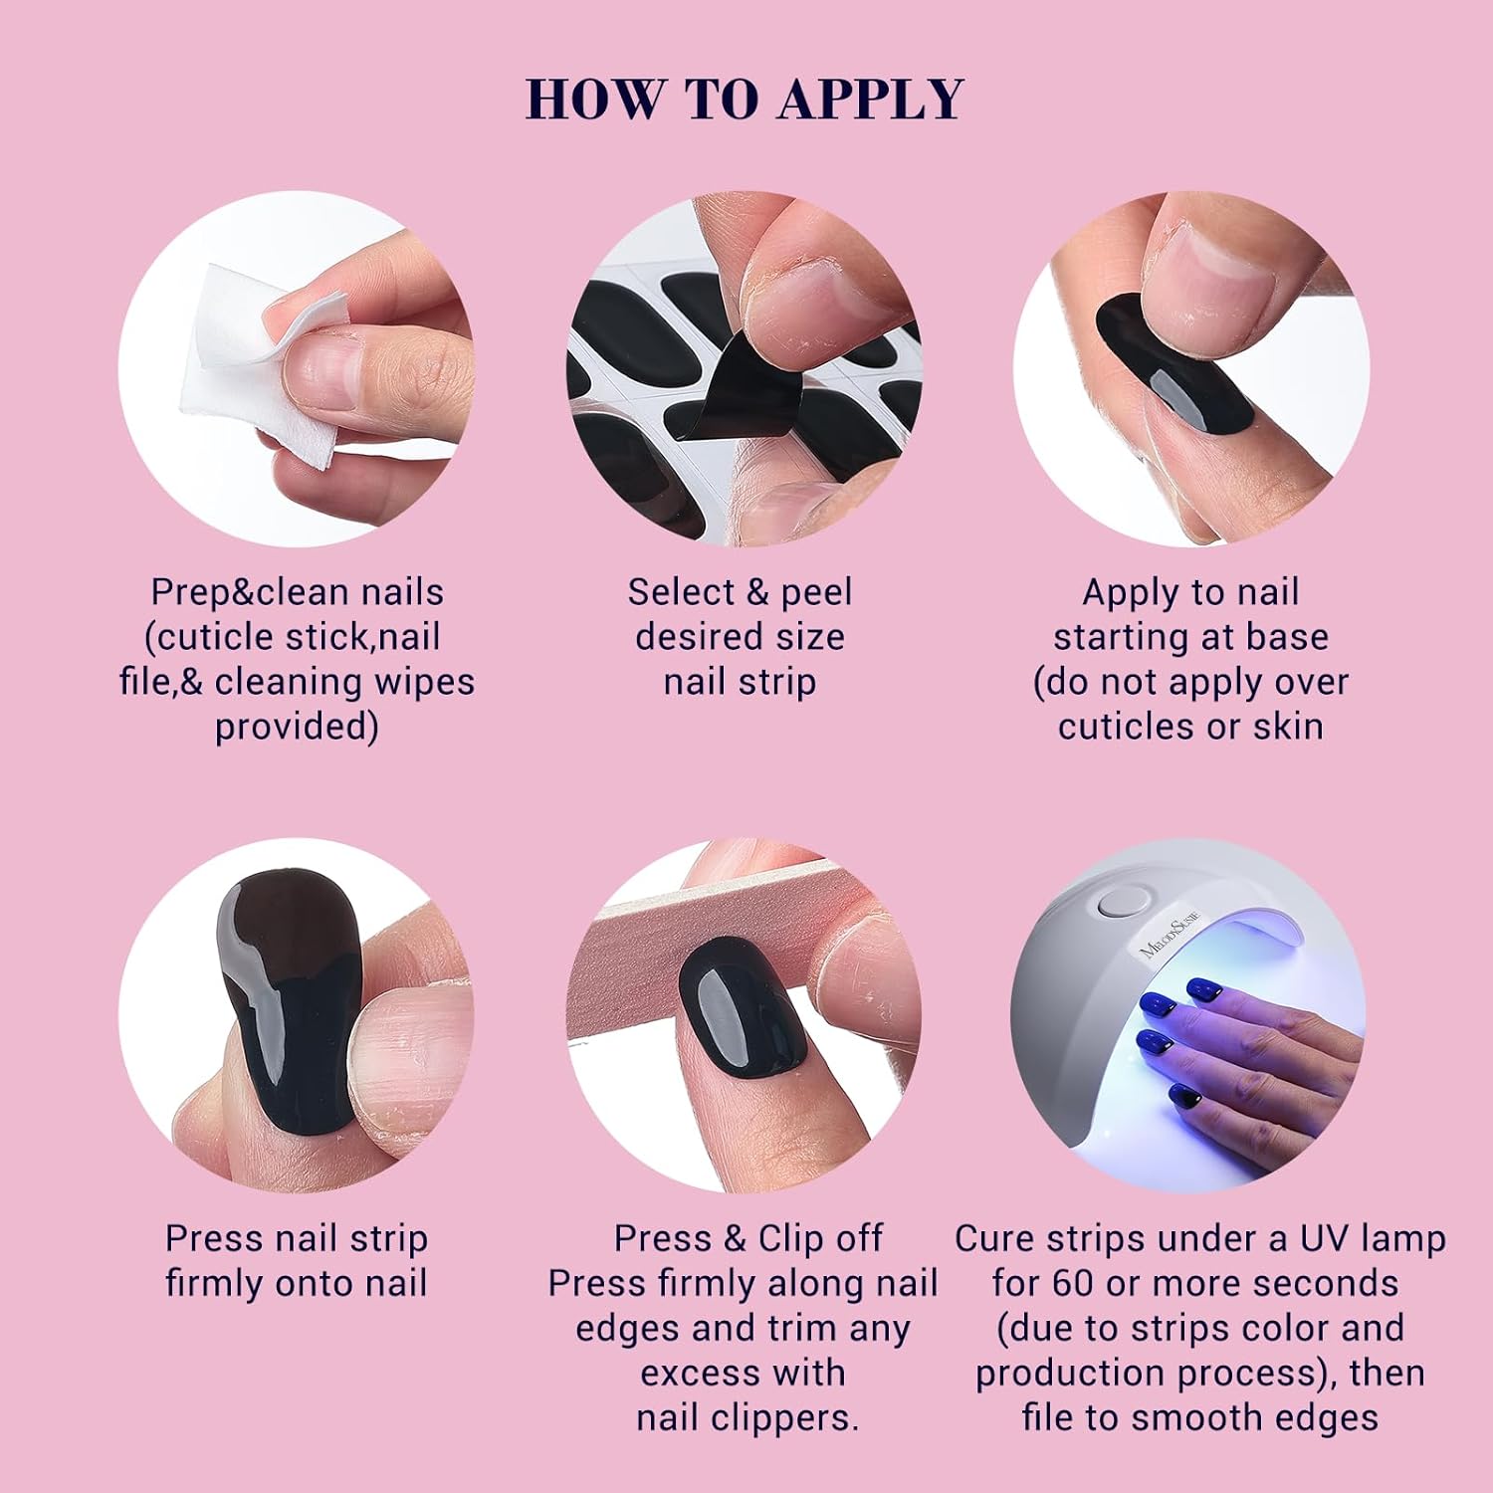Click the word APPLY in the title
pos(871,99)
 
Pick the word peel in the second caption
pos(816,592)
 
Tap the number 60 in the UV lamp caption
pos(1074,1283)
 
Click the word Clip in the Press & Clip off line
pos(791,1238)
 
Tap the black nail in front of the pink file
pos(743,1004)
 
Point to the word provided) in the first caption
pos(297,727)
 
